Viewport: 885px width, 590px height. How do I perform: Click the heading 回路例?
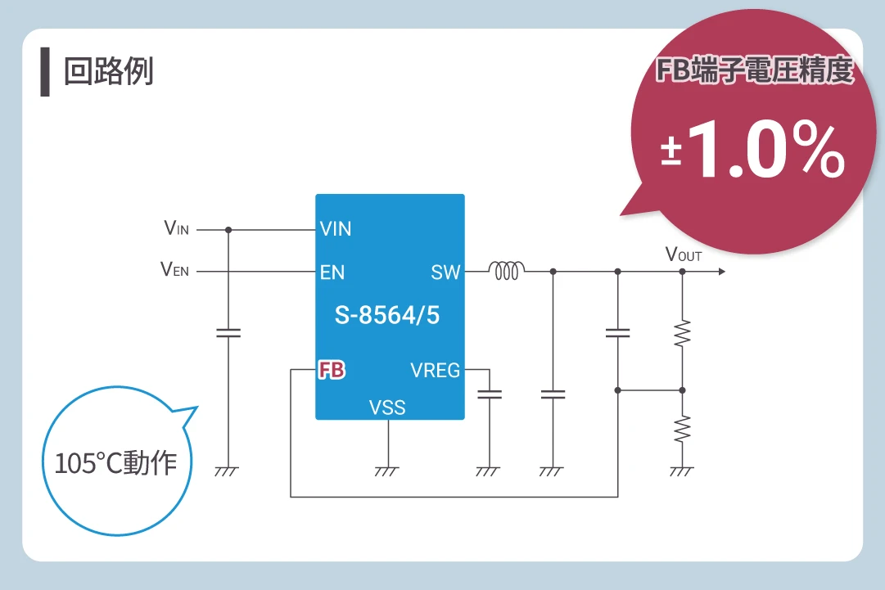(108, 72)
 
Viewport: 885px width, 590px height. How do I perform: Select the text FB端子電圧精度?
(755, 72)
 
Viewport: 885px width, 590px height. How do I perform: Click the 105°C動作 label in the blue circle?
(115, 463)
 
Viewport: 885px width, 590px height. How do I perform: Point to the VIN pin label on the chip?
(336, 229)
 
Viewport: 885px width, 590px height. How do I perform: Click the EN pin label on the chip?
(332, 272)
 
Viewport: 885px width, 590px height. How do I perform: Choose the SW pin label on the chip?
(445, 272)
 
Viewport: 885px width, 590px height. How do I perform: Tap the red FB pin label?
(332, 371)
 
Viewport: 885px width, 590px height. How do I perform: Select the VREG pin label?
(435, 371)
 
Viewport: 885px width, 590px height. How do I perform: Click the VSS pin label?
(387, 407)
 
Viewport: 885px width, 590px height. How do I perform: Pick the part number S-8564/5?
(387, 315)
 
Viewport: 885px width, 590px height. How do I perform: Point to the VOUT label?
(684, 254)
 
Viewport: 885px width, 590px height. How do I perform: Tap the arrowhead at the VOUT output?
(720, 272)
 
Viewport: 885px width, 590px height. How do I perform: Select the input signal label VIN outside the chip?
(177, 229)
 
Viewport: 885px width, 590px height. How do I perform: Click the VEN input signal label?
(175, 270)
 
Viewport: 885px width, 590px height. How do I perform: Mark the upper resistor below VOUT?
(682, 332)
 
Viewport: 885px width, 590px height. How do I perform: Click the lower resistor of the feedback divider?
(682, 428)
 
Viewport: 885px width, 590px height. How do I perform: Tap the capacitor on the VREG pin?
(489, 394)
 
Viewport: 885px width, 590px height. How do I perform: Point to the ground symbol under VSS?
(387, 471)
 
